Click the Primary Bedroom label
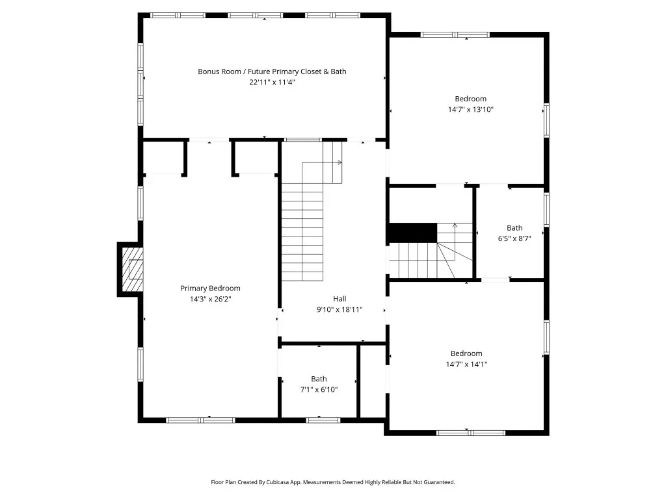pos(210,288)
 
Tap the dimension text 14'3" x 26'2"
pos(210,299)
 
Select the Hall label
pos(340,299)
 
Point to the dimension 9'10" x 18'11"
pos(340,309)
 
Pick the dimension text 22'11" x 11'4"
pos(272,83)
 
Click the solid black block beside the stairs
pos(413,233)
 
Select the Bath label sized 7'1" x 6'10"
pos(319,379)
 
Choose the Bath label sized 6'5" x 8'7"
pos(514,228)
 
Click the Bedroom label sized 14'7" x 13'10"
pos(471,99)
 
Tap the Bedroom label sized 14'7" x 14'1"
pos(466,353)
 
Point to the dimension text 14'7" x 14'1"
pos(466,364)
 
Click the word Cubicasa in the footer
pos(278,482)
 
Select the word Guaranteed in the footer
pos(440,482)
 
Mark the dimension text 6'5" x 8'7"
pos(514,238)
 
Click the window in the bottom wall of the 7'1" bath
pos(323,420)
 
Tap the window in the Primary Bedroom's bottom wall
pos(200,420)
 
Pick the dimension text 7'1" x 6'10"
pos(319,390)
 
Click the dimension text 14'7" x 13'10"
pos(471,109)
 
